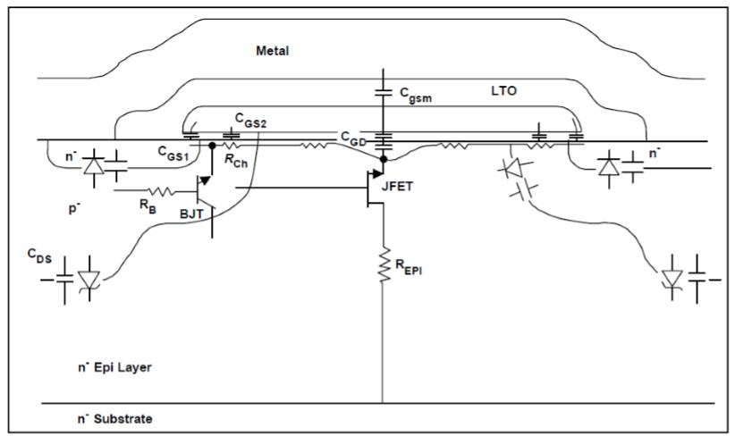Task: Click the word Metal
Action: click(x=273, y=51)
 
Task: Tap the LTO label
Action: click(x=504, y=90)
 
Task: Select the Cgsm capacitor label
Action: click(x=416, y=95)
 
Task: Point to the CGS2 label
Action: click(x=250, y=121)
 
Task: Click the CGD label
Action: click(x=353, y=138)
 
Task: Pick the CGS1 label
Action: click(x=173, y=154)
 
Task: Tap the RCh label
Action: click(x=236, y=161)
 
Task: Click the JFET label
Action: click(x=398, y=187)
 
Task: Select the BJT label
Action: click(x=191, y=214)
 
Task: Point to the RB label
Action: click(x=148, y=206)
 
